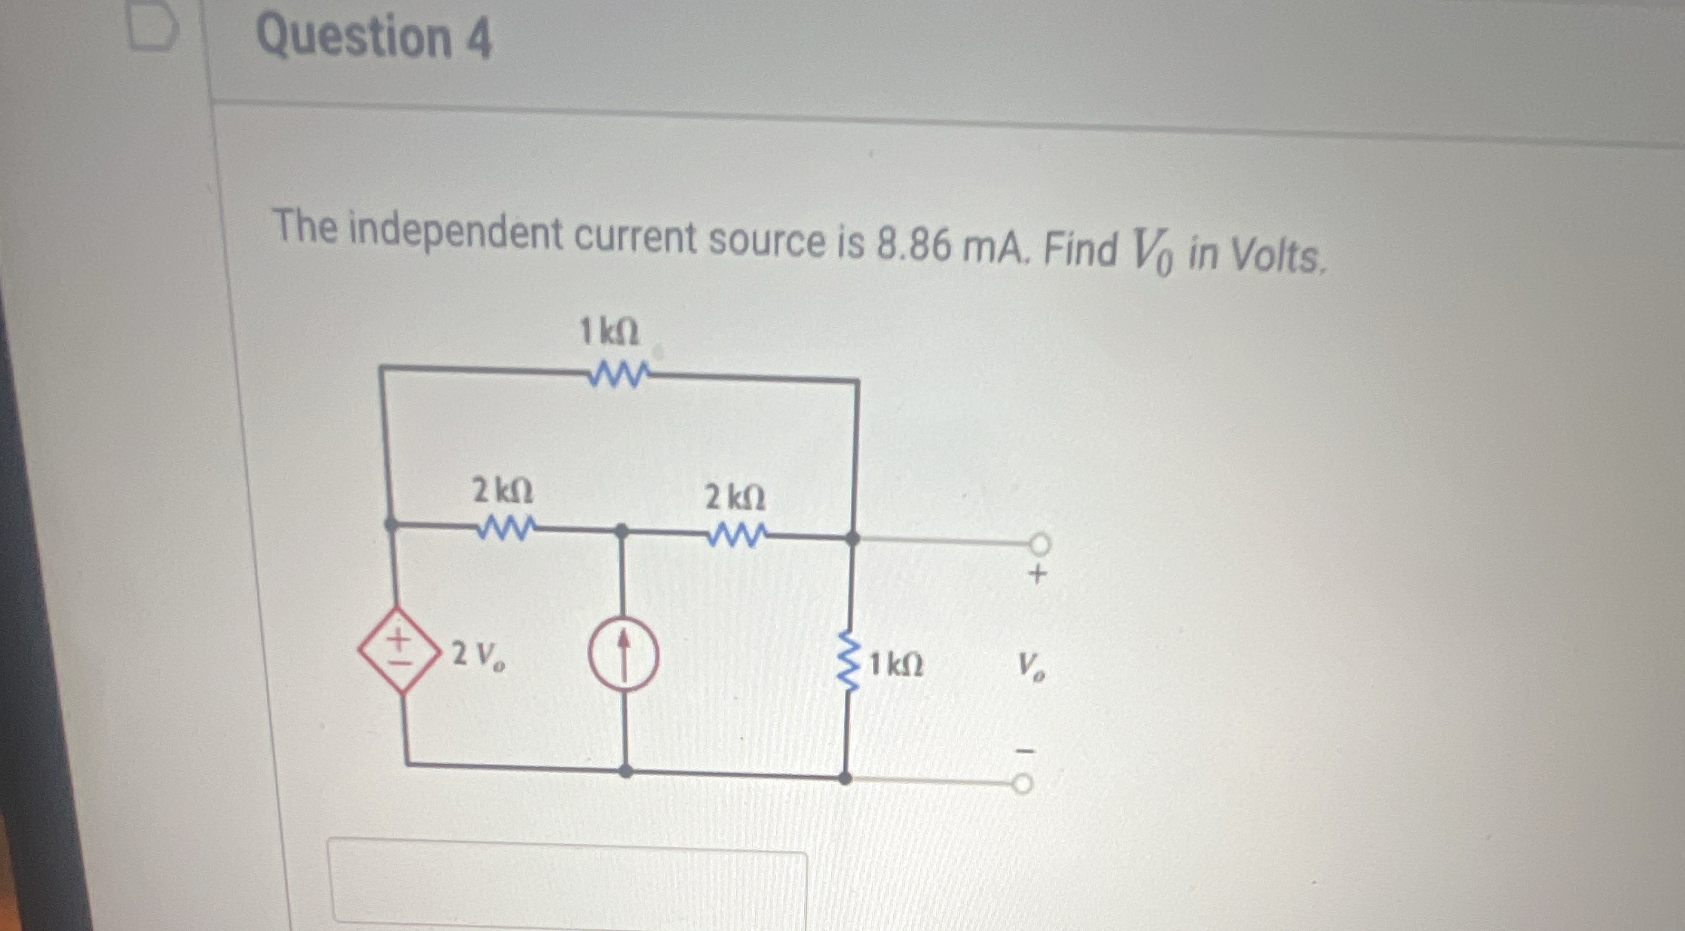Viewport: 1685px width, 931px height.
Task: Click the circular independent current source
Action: (624, 652)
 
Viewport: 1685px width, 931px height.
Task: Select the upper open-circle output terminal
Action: (1041, 543)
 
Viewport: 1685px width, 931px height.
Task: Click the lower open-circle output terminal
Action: (1023, 784)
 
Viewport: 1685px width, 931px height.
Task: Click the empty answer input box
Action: (568, 883)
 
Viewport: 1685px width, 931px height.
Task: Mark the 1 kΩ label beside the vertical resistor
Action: (897, 665)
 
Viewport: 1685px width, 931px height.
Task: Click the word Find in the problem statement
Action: (1080, 248)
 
